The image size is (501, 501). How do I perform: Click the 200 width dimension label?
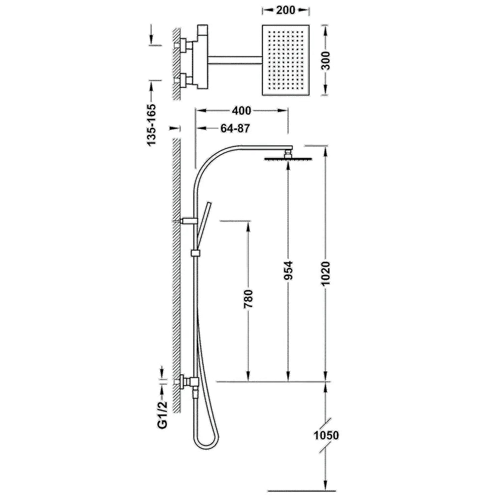(286, 10)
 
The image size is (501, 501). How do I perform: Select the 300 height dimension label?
(326, 60)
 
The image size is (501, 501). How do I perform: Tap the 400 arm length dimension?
(242, 111)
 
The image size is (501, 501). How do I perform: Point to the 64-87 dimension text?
(235, 129)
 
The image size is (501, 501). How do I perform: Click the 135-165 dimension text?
(152, 125)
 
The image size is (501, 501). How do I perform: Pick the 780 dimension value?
(248, 299)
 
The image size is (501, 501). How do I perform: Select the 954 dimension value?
(288, 270)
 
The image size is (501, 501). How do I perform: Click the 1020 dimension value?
(326, 274)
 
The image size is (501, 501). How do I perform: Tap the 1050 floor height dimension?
(326, 435)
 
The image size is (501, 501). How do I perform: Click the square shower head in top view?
(286, 60)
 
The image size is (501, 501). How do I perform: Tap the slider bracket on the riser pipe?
(195, 253)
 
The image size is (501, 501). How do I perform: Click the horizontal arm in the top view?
(235, 60)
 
